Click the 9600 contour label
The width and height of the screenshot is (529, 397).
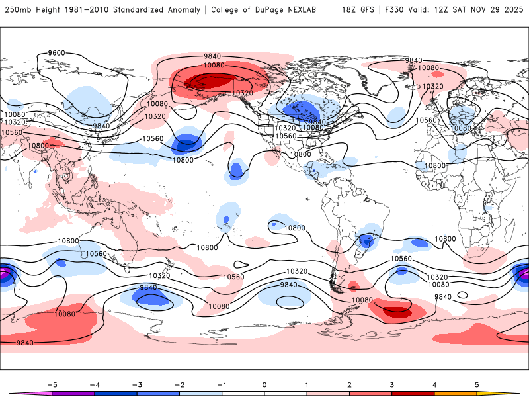tap(57, 53)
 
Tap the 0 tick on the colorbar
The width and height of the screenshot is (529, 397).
tap(264, 384)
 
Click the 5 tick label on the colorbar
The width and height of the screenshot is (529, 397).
tap(477, 384)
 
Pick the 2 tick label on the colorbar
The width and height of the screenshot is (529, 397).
tap(349, 384)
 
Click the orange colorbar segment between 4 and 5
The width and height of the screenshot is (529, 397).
tap(456, 393)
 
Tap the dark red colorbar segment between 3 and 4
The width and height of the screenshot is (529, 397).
tap(413, 393)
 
